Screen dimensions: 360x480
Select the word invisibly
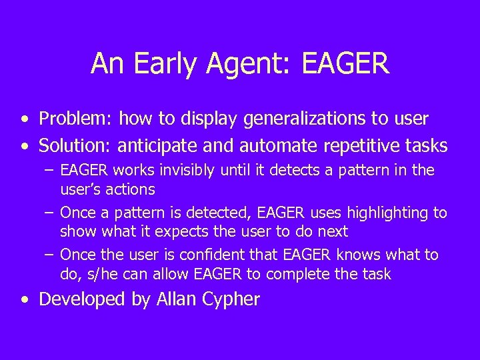tap(192, 171)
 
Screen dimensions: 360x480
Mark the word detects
tap(293, 171)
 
